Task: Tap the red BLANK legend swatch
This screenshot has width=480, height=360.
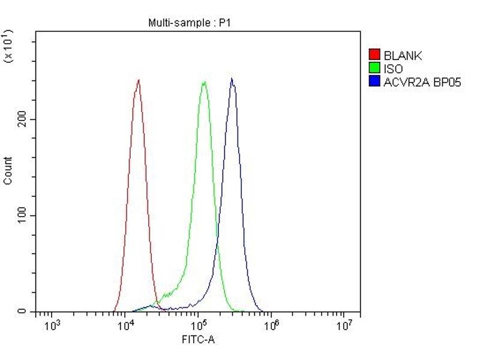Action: (375, 56)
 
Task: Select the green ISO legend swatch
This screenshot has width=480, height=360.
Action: (375, 69)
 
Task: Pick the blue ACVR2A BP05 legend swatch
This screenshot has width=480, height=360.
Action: (375, 82)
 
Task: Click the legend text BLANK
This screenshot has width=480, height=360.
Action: (403, 56)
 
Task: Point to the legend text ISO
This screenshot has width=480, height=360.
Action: (393, 69)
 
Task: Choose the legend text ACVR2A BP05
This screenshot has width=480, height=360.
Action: (422, 82)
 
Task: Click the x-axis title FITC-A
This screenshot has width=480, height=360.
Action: (198, 340)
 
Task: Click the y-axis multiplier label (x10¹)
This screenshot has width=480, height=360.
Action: (8, 46)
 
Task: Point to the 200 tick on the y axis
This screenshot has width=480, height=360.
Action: (23, 119)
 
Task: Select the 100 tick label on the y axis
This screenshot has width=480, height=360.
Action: (23, 215)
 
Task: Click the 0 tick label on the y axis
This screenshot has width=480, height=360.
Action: (22, 312)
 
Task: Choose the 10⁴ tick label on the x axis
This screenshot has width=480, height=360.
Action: (125, 325)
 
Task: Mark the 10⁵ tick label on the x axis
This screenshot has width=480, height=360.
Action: (198, 325)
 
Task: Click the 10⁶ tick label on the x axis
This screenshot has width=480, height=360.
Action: (271, 325)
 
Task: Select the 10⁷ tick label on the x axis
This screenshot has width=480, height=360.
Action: (343, 325)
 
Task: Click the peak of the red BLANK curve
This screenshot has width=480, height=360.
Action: (139, 80)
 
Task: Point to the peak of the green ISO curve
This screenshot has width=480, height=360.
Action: (205, 82)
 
